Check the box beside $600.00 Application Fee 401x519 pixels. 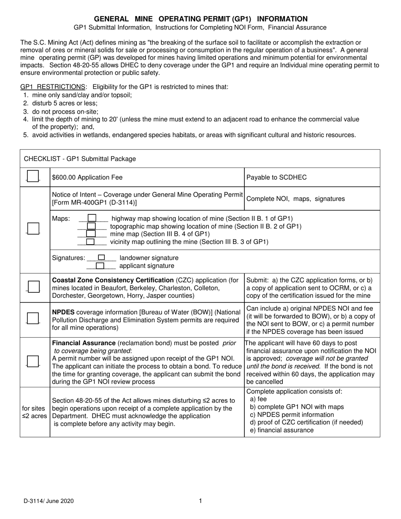coord(33,176)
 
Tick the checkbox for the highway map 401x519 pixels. coord(91,218)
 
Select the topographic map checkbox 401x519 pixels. coord(91,226)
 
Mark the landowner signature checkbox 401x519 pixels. coord(101,257)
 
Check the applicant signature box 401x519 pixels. coord(100,266)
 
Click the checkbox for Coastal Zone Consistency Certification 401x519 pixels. coord(33,287)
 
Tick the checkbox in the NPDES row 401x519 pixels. coord(33,318)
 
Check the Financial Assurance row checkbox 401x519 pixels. coord(33,361)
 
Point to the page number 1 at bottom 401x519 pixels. coord(200,501)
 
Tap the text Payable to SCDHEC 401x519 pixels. coord(276,178)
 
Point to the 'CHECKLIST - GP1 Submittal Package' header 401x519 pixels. coord(80,159)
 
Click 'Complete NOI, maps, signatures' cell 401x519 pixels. coord(295,199)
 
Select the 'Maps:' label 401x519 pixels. coord(61,218)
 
